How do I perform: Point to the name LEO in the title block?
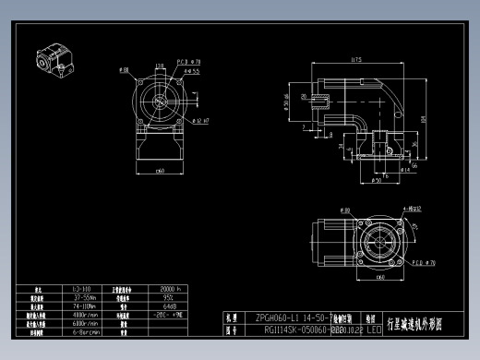coord(374,328)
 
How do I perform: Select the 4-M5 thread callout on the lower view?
coord(411,210)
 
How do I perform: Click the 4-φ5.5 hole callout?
coord(192,69)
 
